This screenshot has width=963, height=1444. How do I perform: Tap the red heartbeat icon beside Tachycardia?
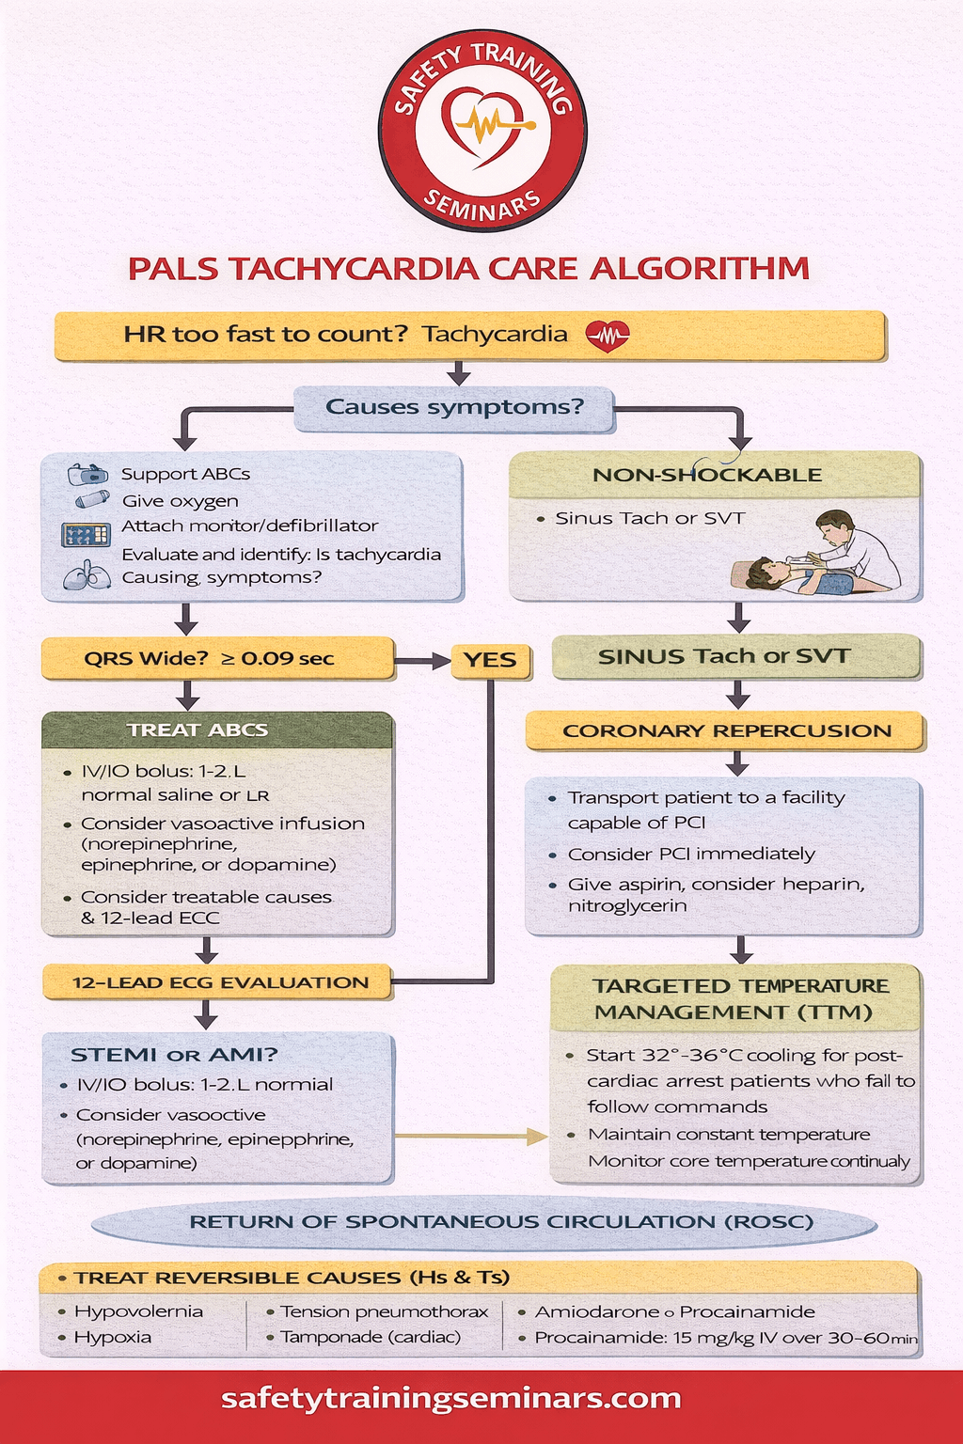coord(608,335)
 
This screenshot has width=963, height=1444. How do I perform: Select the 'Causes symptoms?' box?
coord(454,408)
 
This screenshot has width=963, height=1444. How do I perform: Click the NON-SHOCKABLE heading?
coord(707,475)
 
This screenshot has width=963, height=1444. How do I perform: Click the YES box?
coord(490,660)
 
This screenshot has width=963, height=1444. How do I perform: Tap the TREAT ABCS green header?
coord(197,730)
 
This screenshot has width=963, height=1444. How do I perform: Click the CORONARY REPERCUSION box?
coord(726,731)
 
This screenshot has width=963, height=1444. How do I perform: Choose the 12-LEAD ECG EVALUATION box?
coord(219,982)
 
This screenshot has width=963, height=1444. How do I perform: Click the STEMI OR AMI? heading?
coord(174,1055)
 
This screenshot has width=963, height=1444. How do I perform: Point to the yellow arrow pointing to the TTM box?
coord(470,1137)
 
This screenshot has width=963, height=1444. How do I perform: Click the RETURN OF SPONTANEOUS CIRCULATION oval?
coord(484,1222)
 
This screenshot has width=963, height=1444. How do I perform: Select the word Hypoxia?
coord(112,1337)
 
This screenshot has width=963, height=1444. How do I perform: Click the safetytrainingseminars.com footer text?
coord(451,1398)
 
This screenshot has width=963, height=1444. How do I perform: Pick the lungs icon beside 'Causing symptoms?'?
coord(87,575)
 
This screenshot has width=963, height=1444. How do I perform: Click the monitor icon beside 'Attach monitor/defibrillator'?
coord(86,535)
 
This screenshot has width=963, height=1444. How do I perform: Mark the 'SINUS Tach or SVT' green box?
coord(724,656)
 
